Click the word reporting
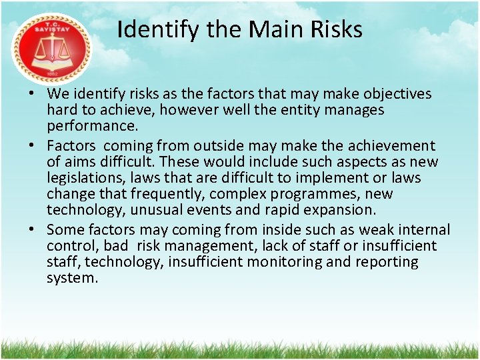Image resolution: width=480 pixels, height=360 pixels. (389, 262)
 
